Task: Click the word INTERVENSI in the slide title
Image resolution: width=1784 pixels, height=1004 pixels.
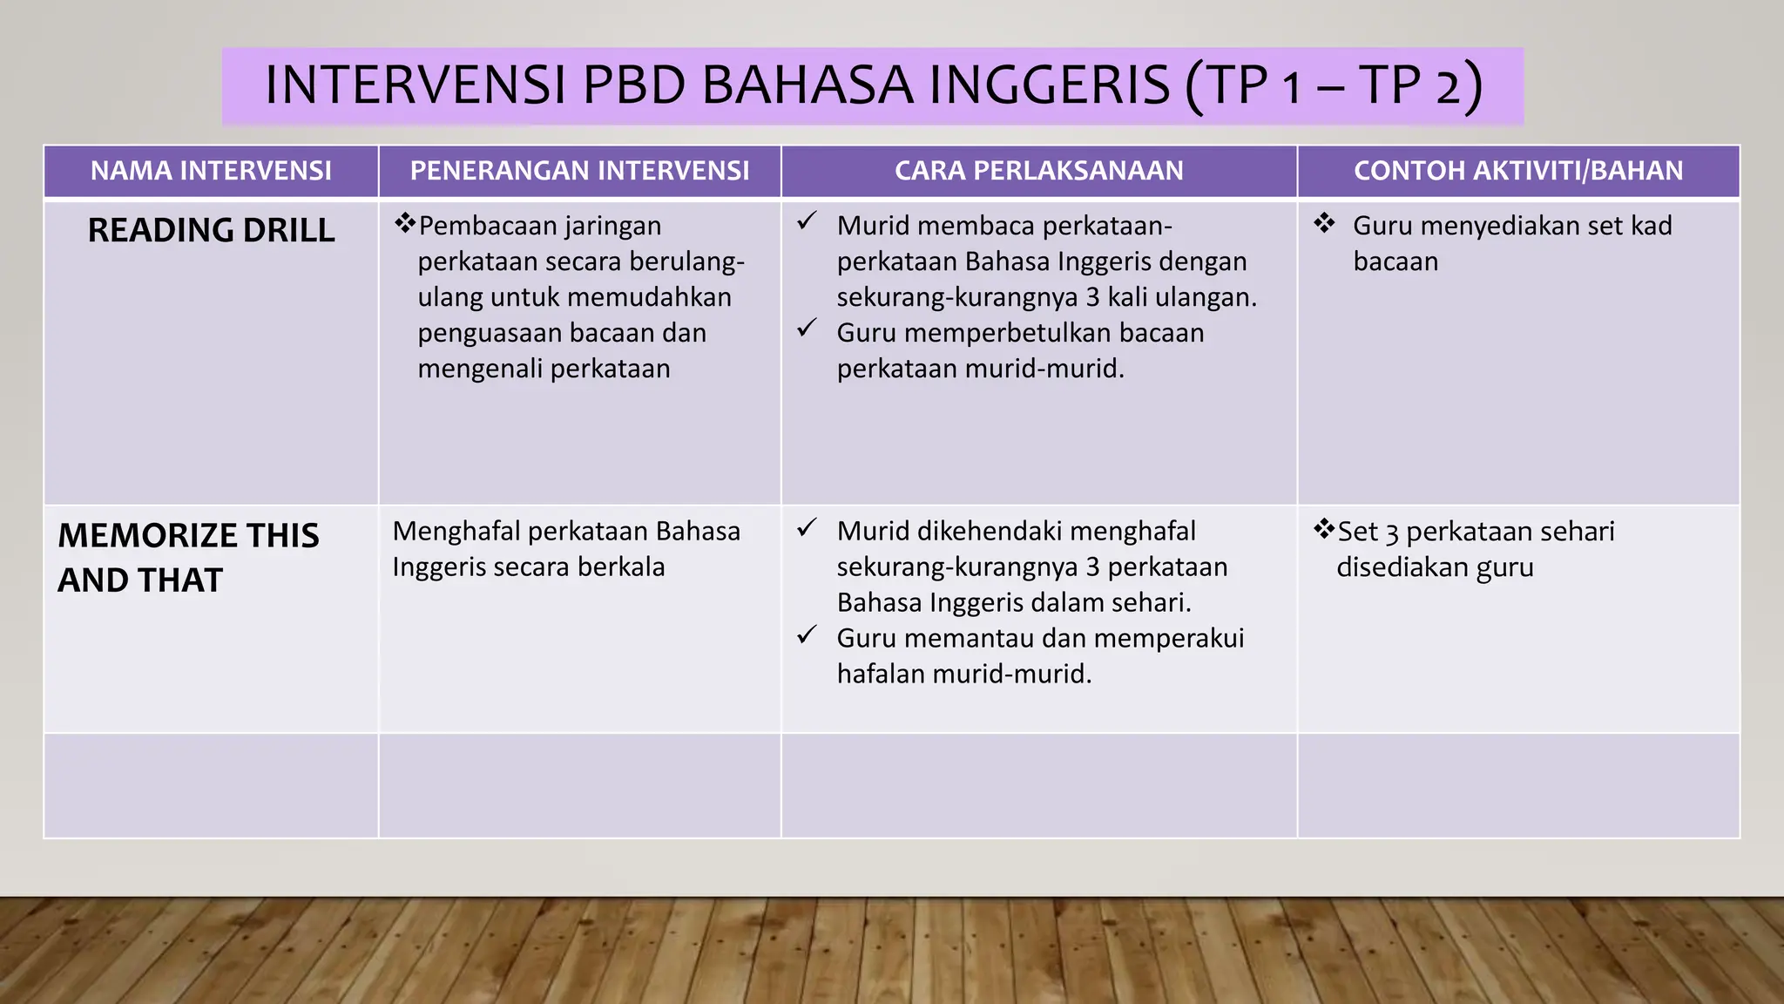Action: [x=416, y=85]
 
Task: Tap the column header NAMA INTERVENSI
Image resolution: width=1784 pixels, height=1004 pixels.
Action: [x=211, y=171]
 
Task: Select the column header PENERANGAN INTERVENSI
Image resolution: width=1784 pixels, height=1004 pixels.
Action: [x=579, y=171]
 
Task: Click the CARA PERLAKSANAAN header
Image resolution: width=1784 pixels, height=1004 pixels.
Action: [x=1038, y=171]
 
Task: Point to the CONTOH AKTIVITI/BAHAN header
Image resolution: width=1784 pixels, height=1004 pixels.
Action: [x=1517, y=171]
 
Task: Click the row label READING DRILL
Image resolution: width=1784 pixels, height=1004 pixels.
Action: [x=211, y=230]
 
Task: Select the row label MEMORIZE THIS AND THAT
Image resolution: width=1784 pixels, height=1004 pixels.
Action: [x=188, y=557]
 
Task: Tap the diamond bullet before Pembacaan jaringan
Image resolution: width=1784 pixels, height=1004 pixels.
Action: [x=404, y=224]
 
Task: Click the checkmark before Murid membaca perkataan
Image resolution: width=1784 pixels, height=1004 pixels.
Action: [x=807, y=221]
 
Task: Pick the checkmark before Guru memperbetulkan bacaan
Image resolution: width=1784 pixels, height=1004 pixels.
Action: [x=807, y=329]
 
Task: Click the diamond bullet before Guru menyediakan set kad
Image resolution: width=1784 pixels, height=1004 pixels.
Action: [x=1324, y=224]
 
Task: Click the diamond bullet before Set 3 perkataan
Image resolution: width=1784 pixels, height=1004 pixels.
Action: [x=1324, y=528]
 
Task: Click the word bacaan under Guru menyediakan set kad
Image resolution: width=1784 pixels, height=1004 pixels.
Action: [x=1395, y=261]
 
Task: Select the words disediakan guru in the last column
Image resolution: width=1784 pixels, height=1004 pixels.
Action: [x=1435, y=567]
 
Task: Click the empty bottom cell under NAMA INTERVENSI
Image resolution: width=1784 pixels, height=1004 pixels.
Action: [x=211, y=786]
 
